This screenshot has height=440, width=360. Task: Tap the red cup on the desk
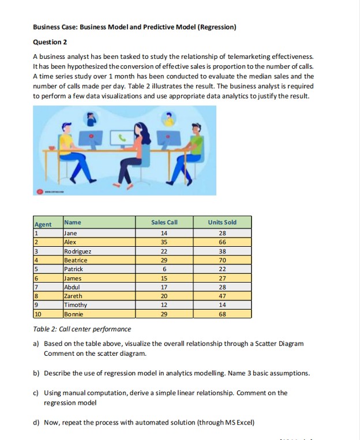click(x=53, y=147)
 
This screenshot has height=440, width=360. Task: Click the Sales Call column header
click(x=164, y=223)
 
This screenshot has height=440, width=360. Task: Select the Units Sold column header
click(x=222, y=223)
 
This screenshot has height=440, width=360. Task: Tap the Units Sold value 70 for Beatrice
click(x=222, y=261)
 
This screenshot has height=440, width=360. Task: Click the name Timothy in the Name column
click(x=76, y=305)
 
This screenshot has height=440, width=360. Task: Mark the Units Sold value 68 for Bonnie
click(x=222, y=314)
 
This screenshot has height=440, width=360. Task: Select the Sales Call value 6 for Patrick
click(x=164, y=269)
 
